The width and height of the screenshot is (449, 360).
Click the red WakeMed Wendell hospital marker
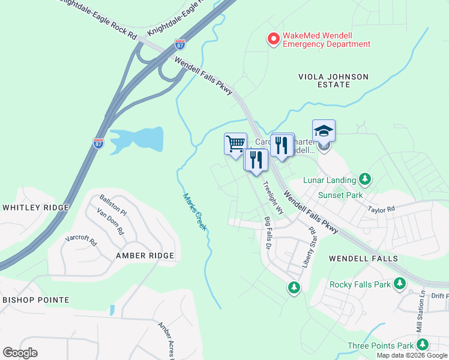(273, 39)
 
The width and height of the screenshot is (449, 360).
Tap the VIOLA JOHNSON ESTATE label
(333, 80)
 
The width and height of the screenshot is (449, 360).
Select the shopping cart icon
(235, 143)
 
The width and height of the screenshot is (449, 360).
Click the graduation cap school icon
(324, 131)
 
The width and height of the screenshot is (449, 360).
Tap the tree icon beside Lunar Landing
(364, 179)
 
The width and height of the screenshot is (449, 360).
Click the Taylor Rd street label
(381, 210)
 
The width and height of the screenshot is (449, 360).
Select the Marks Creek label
(195, 212)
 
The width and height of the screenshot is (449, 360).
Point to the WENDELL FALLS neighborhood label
(363, 259)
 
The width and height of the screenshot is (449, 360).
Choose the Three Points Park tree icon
(423, 345)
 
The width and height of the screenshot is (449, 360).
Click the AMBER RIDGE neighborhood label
(145, 256)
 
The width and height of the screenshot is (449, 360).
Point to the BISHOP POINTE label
(35, 299)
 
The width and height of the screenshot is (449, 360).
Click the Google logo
(20, 352)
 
